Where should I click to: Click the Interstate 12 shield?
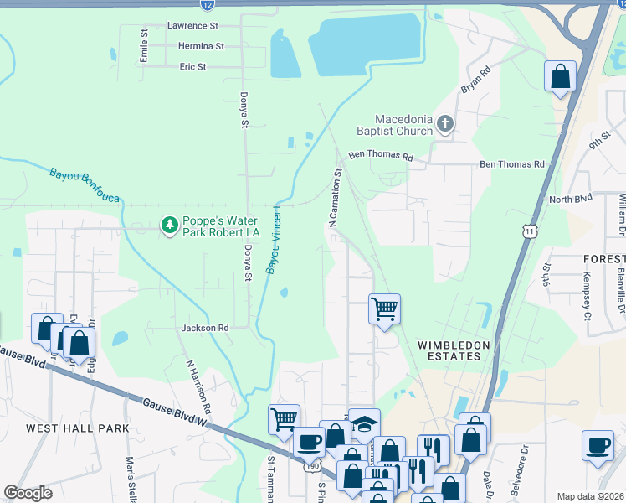tap(207, 5)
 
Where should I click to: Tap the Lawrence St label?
tap(192, 26)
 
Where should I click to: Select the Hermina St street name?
tap(196, 46)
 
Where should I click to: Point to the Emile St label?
tap(144, 46)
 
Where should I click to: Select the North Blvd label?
tap(570, 200)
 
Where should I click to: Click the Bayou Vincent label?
tap(275, 238)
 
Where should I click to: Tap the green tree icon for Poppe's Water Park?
tap(169, 226)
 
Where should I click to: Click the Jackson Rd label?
tap(205, 328)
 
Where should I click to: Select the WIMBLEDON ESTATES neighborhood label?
tap(449, 350)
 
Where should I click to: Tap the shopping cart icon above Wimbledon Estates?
tap(384, 309)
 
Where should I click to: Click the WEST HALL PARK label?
tap(77, 428)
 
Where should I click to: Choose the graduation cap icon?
tap(364, 424)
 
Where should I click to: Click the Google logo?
tap(28, 493)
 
